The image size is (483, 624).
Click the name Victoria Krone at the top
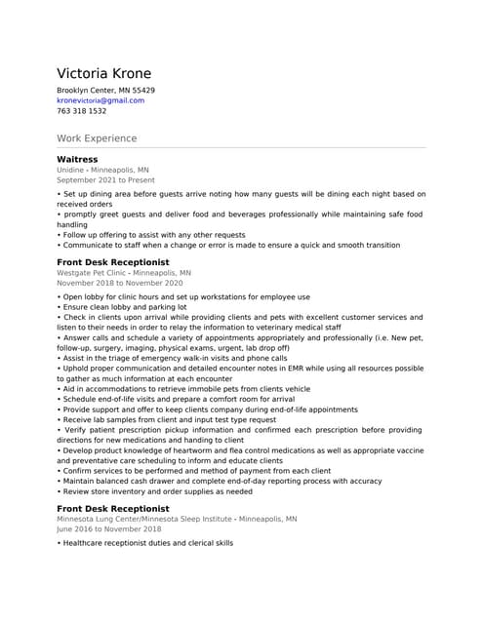click(103, 74)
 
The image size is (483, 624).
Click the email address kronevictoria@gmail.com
click(100, 100)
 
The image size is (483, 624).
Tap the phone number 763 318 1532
click(81, 111)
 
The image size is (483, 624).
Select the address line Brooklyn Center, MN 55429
click(105, 90)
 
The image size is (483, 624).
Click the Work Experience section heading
click(97, 138)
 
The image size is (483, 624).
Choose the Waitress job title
click(77, 159)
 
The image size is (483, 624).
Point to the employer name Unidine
click(70, 170)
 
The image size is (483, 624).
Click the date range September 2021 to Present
click(105, 180)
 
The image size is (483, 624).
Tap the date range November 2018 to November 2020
click(119, 284)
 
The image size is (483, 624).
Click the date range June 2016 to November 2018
click(108, 529)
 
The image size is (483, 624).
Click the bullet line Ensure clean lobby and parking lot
click(125, 307)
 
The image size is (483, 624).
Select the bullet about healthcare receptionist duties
click(147, 543)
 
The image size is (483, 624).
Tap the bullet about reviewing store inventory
click(165, 491)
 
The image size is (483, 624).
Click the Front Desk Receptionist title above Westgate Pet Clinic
click(112, 263)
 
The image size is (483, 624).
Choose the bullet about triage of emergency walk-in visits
click(175, 359)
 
